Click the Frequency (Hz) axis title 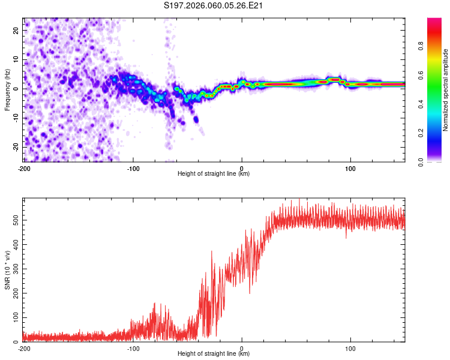pos(7,90)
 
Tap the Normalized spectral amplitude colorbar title pos(446,91)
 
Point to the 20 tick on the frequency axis pos(16,30)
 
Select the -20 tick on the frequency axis pos(15,147)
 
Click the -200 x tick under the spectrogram pos(24,169)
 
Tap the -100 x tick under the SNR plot pos(133,349)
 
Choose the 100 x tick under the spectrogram pos(350,169)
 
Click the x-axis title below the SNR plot pos(214,354)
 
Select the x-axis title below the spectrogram pos(214,174)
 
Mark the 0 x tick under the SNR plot pos(242,349)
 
